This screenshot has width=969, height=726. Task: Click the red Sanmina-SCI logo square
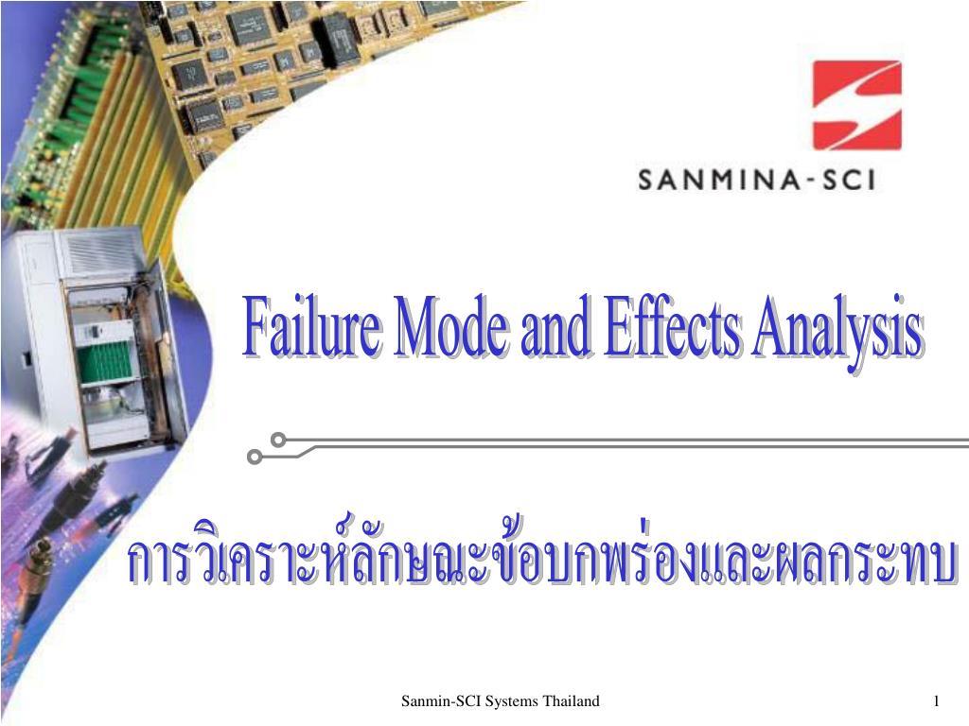[856, 105]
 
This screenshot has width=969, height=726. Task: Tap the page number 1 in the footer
[936, 700]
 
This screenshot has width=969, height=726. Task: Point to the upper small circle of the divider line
[278, 440]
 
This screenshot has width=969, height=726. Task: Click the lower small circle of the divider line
[254, 458]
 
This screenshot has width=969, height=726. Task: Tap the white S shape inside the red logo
[856, 105]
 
